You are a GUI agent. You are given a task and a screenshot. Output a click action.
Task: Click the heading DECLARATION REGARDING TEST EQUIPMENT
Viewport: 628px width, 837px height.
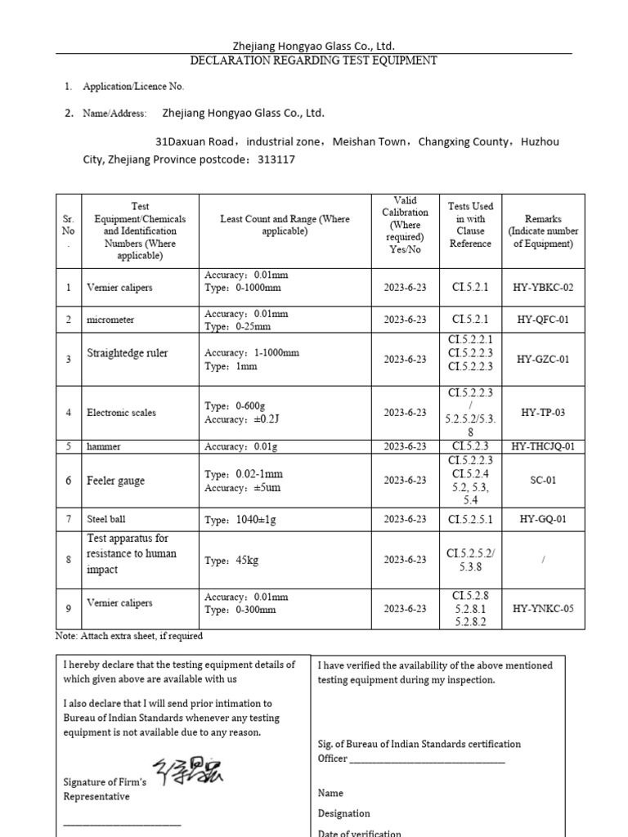pyautogui.click(x=313, y=60)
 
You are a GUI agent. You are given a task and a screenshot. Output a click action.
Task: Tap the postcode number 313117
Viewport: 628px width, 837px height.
pyautogui.click(x=276, y=159)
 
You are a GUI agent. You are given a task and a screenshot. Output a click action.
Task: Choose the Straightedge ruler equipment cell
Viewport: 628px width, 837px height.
pyautogui.click(x=127, y=353)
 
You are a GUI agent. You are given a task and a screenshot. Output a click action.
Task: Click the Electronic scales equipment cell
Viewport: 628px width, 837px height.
pyautogui.click(x=121, y=413)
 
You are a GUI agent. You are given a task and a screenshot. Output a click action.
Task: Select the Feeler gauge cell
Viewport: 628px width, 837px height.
pyautogui.click(x=115, y=481)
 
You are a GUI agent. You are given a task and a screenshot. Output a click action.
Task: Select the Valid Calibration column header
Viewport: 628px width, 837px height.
pyautogui.click(x=405, y=225)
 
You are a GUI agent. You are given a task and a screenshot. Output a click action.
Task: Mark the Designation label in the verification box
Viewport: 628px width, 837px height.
pyautogui.click(x=343, y=813)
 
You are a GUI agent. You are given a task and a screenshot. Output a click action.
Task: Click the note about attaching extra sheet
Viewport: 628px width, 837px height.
pyautogui.click(x=129, y=636)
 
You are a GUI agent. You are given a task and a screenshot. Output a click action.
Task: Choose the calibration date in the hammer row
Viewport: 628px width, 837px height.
pyautogui.click(x=405, y=446)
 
